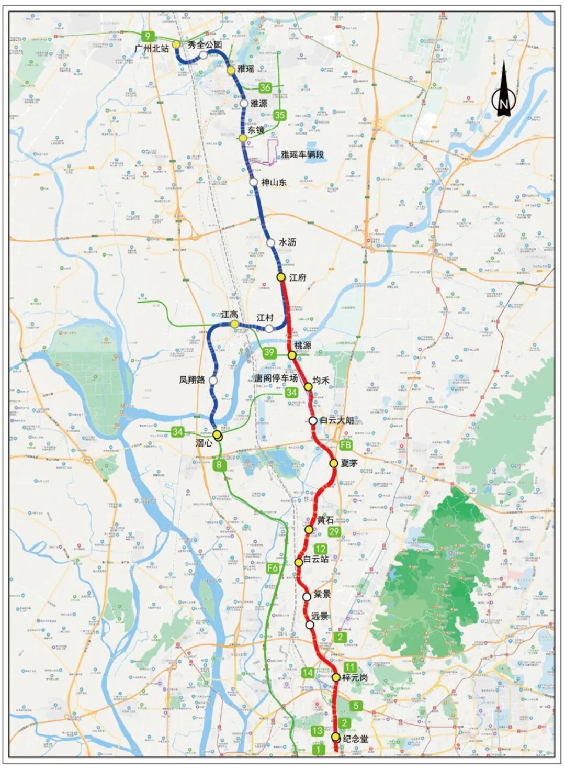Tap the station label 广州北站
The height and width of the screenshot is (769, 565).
pos(152,48)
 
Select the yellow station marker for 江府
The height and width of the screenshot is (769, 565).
pos(281,277)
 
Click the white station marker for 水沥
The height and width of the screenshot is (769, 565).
pos(270,242)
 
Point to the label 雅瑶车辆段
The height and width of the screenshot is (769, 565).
pos(302,154)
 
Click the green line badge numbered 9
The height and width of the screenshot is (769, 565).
pos(149,36)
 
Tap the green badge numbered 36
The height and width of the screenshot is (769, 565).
pos(265,87)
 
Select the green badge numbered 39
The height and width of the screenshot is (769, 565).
pos(269,352)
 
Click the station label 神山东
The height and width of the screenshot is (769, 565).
pos(274,182)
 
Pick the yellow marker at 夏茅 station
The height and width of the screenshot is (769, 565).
pos(333,463)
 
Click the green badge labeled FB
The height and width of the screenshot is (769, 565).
pos(346,445)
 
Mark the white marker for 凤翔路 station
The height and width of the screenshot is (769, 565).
pos(213,380)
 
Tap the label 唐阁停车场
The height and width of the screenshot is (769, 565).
pos(276,378)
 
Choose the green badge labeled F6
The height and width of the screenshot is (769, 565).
pos(273,568)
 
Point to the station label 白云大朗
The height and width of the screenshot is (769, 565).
pos(336,420)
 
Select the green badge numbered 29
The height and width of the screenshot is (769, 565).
pos(334,532)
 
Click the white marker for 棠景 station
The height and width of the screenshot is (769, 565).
pos(307,596)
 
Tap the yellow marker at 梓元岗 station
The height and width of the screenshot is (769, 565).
pos(336,677)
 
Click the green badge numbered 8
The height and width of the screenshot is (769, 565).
pos(220,464)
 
